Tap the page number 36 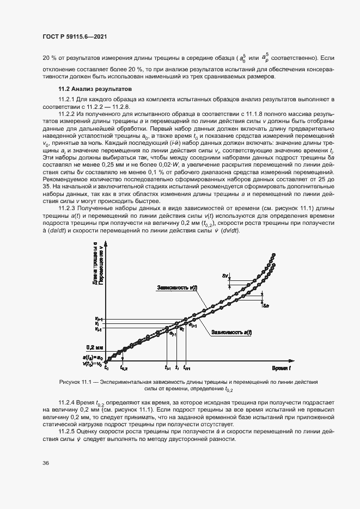(46, 463)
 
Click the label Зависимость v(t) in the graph (177, 287)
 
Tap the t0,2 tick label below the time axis (124, 369)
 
